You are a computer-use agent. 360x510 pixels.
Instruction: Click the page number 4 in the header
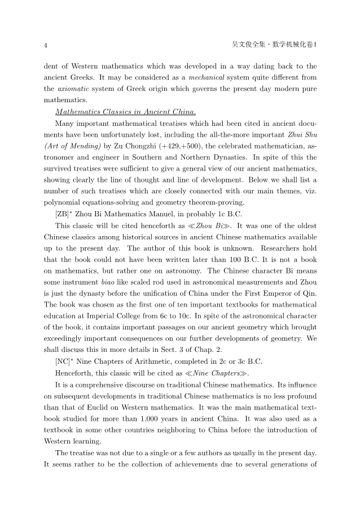[46, 44]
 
